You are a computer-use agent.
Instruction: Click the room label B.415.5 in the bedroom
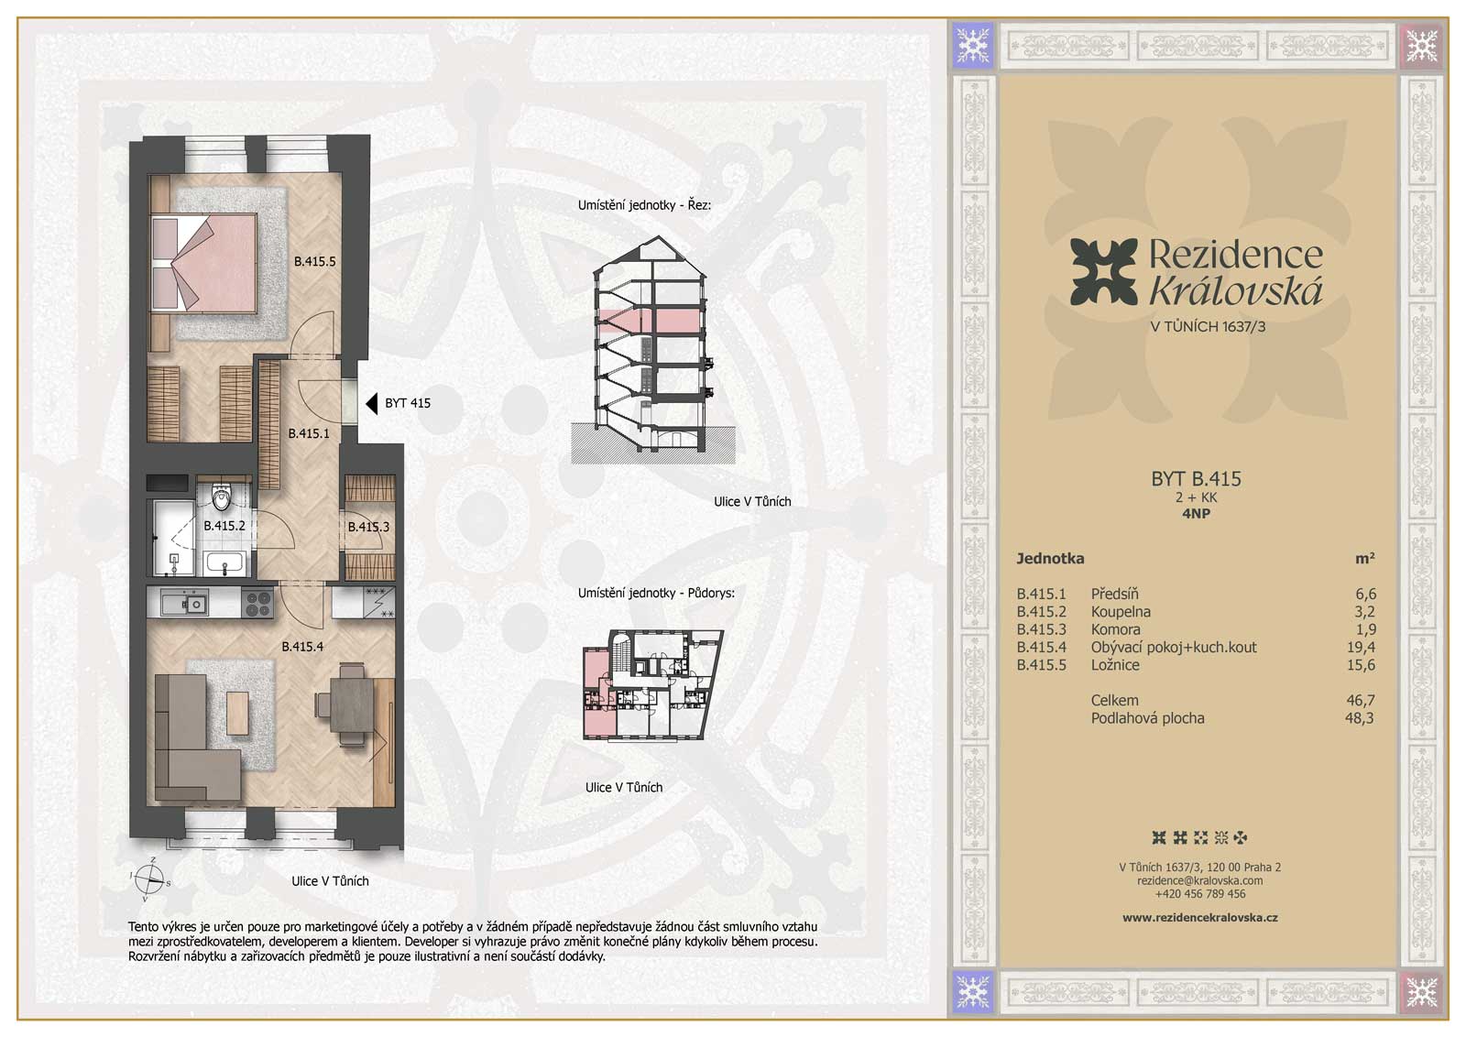point(314,262)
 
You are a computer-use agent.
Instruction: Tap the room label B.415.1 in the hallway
point(309,433)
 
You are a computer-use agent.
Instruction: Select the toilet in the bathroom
point(222,497)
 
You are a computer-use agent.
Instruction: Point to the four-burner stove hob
point(258,603)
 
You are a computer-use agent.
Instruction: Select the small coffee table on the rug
point(237,713)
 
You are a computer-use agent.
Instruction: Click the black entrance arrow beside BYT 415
point(372,404)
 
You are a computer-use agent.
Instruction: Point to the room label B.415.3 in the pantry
point(368,527)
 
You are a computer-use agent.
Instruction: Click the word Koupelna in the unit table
point(1121,612)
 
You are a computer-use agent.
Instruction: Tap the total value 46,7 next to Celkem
point(1361,700)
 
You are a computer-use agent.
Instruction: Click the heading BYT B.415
point(1196,479)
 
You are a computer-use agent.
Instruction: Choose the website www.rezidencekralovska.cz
point(1199,917)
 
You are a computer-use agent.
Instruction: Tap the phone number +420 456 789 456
point(1199,894)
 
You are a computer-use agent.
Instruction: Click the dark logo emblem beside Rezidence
point(1104,271)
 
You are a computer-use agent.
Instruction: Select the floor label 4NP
point(1196,514)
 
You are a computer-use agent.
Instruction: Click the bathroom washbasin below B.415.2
point(224,563)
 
